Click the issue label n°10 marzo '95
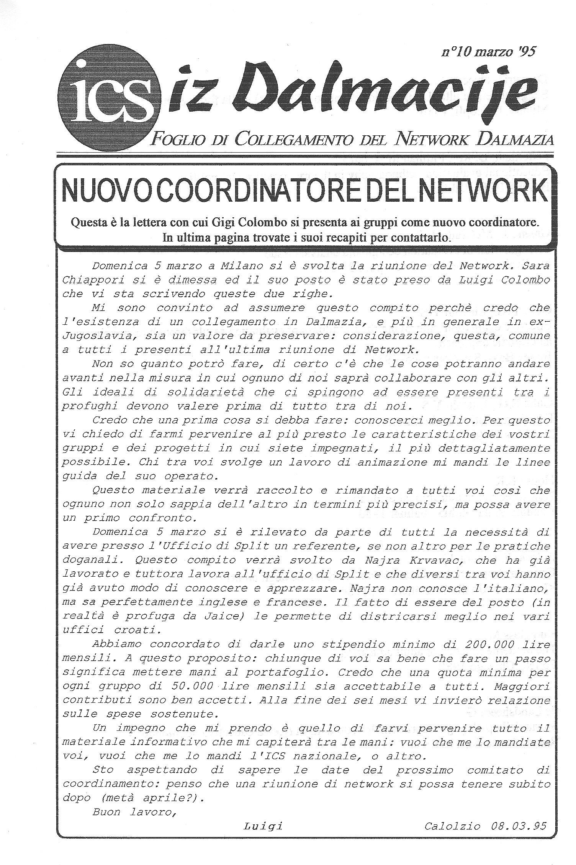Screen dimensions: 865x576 click(x=488, y=51)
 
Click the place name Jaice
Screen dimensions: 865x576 click(x=249, y=617)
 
